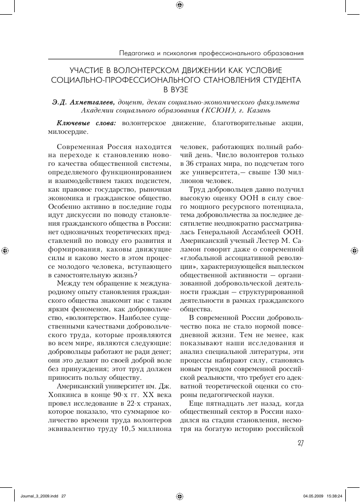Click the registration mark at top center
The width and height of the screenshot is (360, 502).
click(x=179, y=6)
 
